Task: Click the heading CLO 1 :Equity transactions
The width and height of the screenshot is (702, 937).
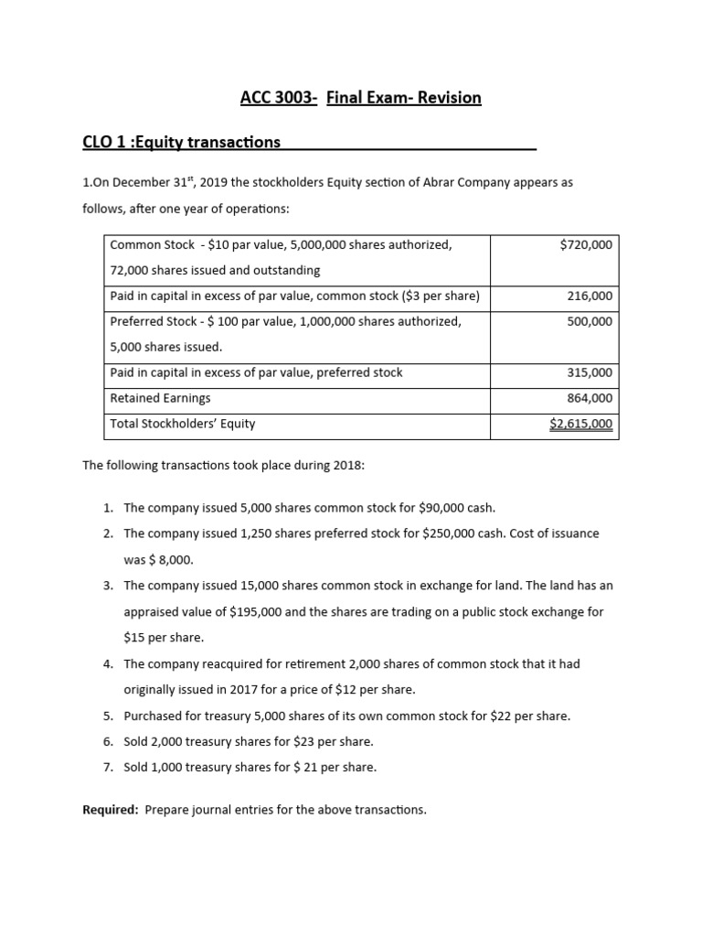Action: [181, 142]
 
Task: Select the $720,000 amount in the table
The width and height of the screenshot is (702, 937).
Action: [586, 245]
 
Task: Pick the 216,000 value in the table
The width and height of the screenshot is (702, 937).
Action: [590, 296]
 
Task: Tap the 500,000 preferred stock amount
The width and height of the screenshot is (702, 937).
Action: [590, 322]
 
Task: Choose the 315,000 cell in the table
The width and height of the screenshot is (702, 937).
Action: [590, 372]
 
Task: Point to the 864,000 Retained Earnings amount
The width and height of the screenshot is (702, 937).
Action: [590, 398]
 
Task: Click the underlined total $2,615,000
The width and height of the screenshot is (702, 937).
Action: [581, 424]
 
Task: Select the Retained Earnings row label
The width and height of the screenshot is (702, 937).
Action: [160, 398]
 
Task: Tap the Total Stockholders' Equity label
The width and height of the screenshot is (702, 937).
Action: [182, 424]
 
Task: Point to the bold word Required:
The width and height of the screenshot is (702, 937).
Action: [110, 810]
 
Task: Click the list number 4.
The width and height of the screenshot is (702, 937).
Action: [108, 664]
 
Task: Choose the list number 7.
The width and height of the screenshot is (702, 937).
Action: [108, 768]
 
